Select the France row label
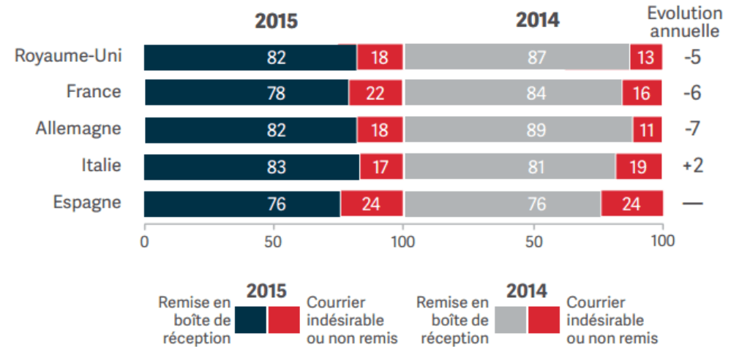pyautogui.click(x=93, y=92)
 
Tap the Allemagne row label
pyautogui.click(x=78, y=129)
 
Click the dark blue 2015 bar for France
pyautogui.click(x=247, y=93)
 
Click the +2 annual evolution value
pyautogui.click(x=692, y=167)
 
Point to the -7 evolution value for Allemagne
pyautogui.click(x=692, y=129)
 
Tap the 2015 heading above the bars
pyautogui.click(x=276, y=21)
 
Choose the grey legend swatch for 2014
pyautogui.click(x=511, y=320)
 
